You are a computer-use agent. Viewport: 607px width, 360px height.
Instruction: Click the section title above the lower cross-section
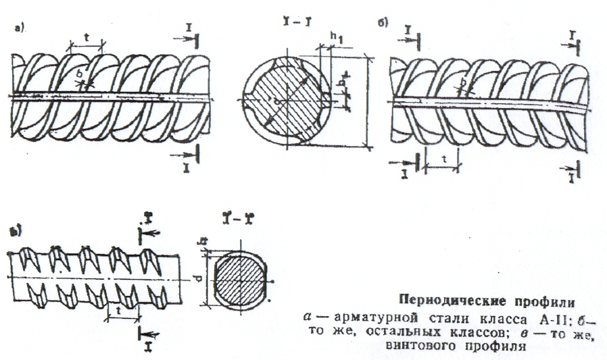(x=234, y=220)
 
